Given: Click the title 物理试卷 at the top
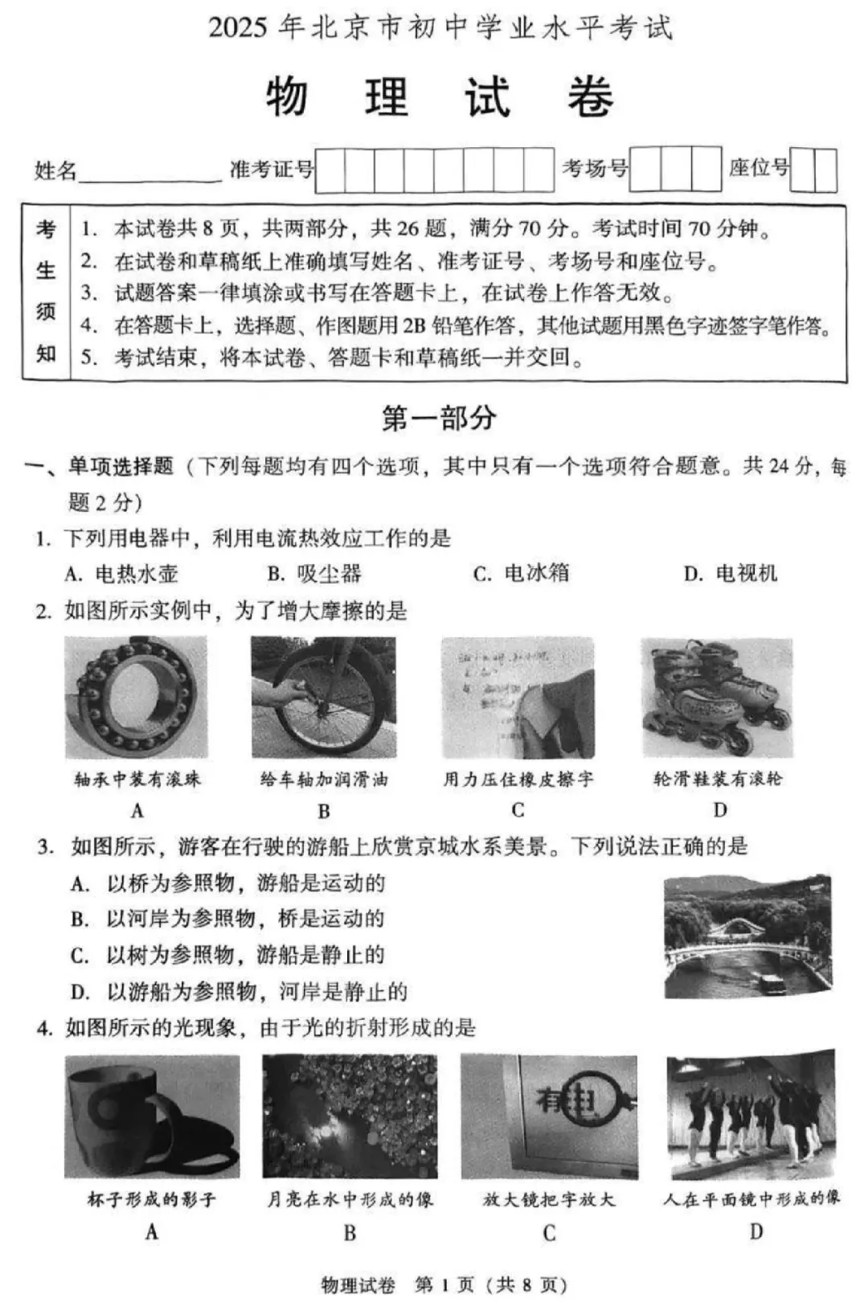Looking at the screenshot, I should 440,98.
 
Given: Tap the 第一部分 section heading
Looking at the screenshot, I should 439,418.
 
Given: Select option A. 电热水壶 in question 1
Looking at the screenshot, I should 121,573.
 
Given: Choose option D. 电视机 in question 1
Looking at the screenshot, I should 731,573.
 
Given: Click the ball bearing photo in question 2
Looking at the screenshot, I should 136,698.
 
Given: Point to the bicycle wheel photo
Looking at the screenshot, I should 323,698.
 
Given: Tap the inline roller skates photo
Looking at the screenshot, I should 717,698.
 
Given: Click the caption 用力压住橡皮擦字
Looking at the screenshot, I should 518,779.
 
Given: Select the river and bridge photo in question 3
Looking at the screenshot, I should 747,936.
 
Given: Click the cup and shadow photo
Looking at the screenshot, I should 152,1117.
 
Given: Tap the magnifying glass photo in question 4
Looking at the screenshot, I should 549,1117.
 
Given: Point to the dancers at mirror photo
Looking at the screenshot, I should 751,1116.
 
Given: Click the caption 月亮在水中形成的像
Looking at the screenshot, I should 350,1200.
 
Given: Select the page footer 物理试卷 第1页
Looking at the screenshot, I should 444,1285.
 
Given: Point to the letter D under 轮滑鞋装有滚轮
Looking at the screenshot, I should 720,810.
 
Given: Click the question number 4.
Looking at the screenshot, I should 43,1028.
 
